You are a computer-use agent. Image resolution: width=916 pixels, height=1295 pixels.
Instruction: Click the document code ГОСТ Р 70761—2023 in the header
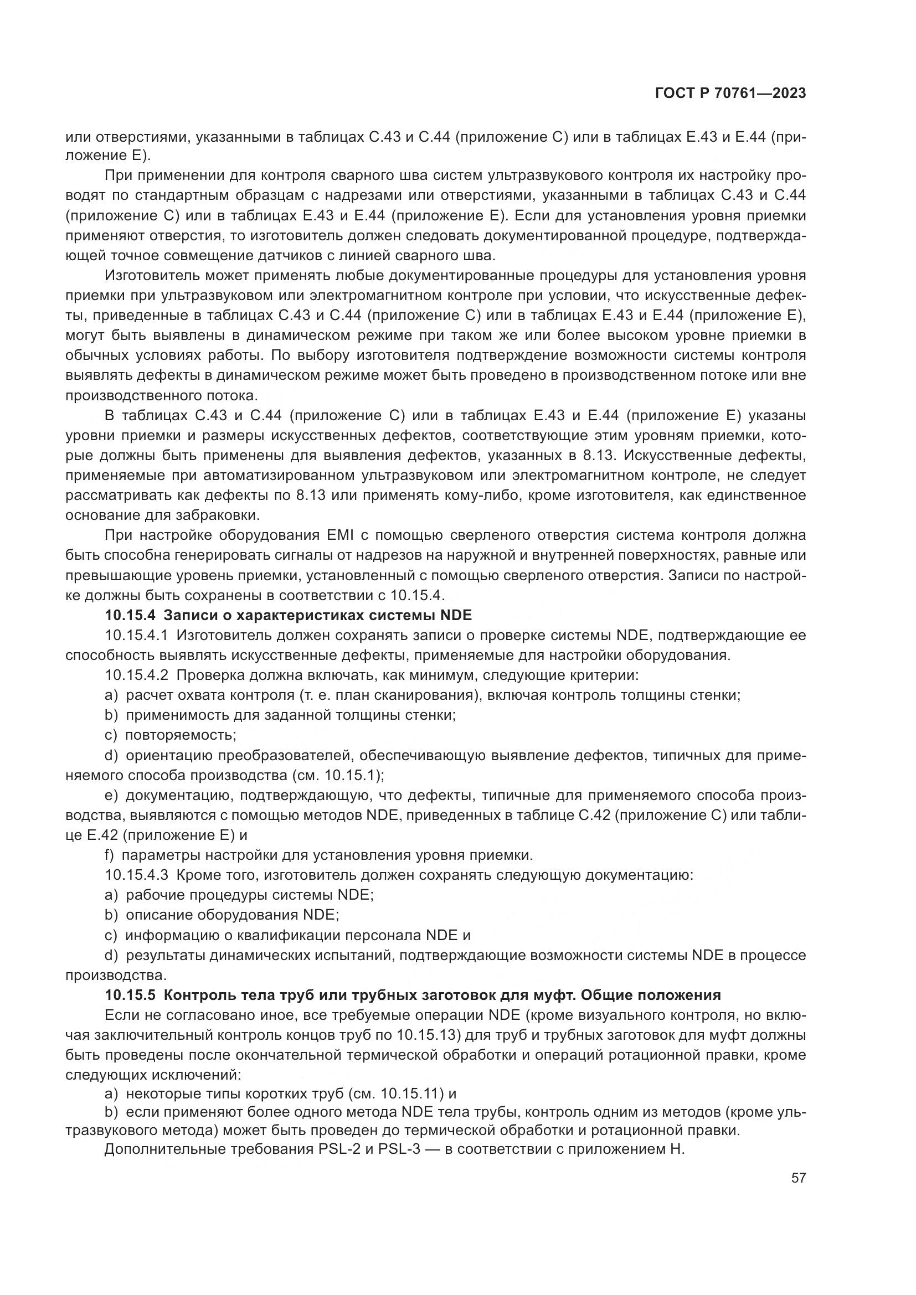click(730, 94)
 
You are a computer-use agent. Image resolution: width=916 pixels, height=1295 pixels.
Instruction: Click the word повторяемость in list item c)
click(181, 735)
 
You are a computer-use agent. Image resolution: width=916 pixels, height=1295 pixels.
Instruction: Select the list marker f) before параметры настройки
click(110, 855)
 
